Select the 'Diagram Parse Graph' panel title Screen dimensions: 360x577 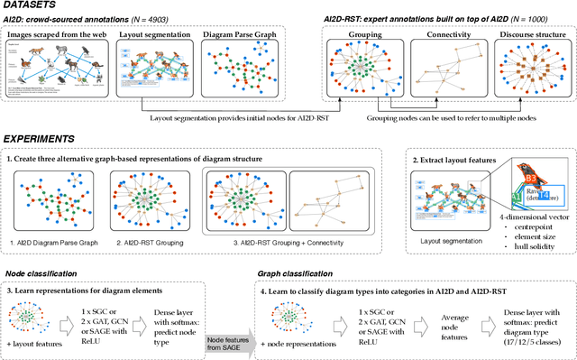[x=232, y=34]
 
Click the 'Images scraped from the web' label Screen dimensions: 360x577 [x=55, y=34]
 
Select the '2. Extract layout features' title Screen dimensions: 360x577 [x=462, y=160]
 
